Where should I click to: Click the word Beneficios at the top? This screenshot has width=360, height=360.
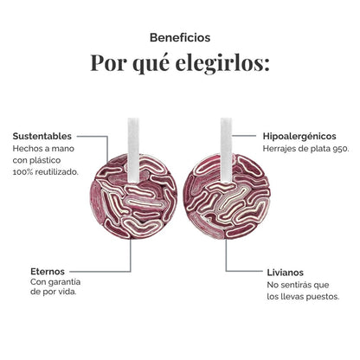[180, 37]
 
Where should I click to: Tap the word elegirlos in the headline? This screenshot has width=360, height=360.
[222, 62]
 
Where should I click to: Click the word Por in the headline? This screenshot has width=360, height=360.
[108, 62]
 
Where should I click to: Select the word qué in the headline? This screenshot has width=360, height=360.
[151, 63]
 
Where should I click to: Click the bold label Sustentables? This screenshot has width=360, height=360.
[42, 136]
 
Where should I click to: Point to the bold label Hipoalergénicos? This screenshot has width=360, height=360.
[299, 136]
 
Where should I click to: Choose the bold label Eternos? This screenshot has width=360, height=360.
[48, 272]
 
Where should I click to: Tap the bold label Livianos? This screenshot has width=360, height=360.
[285, 273]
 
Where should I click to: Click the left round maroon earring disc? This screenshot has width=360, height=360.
[133, 196]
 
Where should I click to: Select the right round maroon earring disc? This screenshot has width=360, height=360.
[227, 196]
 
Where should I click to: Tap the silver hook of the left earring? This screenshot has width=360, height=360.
[133, 150]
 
